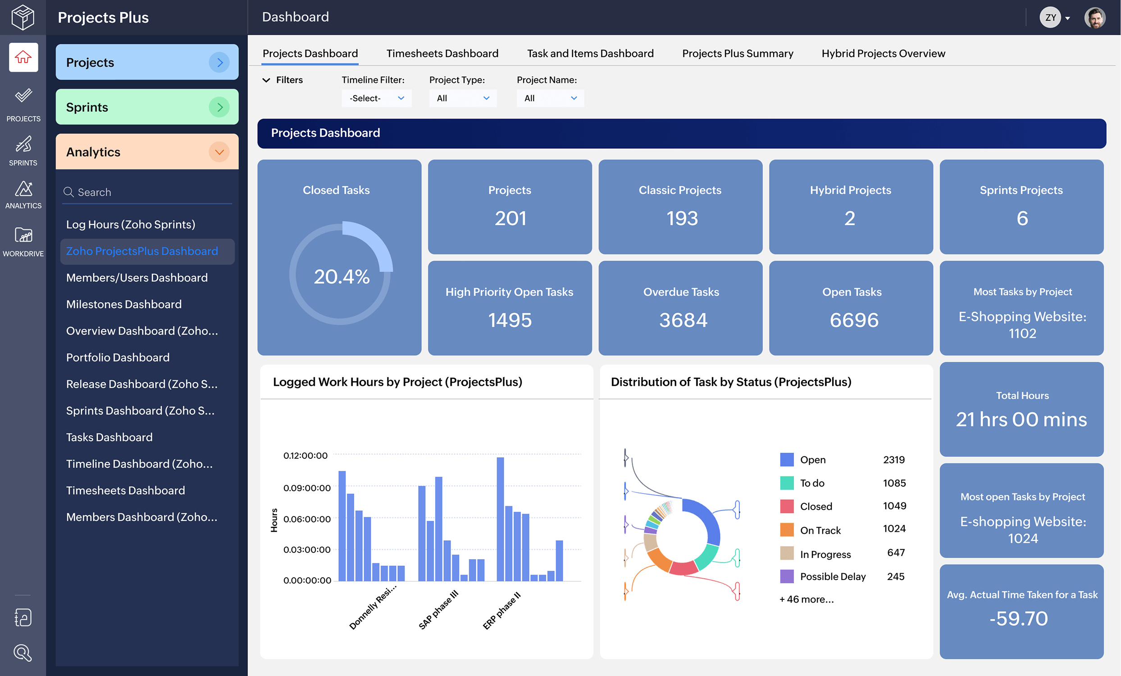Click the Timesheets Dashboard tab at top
(x=442, y=53)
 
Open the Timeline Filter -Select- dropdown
(x=376, y=98)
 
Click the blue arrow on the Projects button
(x=219, y=62)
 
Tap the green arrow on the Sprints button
(x=219, y=107)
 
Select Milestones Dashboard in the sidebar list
(x=124, y=304)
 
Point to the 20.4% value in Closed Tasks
(x=341, y=277)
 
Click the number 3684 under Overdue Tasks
(x=683, y=320)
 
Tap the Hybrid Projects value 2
(x=849, y=219)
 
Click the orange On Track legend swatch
(x=787, y=530)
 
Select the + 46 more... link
(x=806, y=599)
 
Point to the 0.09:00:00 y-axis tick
(x=307, y=488)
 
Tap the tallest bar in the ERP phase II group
(x=500, y=519)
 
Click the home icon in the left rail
(x=23, y=57)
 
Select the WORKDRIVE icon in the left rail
(x=23, y=242)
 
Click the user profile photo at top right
(x=1094, y=18)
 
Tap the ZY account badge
(x=1050, y=18)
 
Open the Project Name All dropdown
(x=550, y=98)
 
